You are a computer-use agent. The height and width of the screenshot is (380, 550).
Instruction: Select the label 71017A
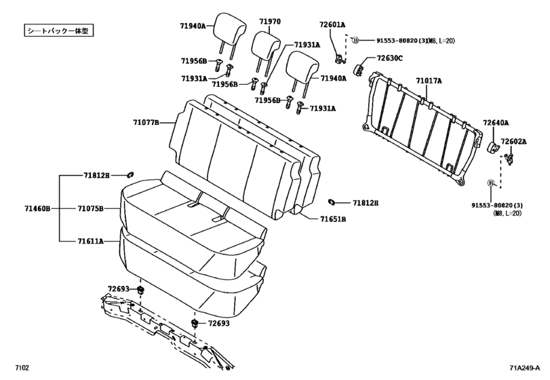tap(429, 81)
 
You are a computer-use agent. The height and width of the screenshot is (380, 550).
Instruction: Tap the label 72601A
tap(332, 24)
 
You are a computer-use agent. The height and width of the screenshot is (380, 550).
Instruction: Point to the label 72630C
tap(390, 58)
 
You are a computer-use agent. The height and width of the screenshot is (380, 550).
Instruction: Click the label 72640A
tap(496, 123)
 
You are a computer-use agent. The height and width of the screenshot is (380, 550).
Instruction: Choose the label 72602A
tap(513, 141)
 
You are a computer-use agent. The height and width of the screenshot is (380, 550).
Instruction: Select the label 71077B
tap(146, 123)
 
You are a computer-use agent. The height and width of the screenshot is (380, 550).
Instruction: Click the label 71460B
tap(38, 208)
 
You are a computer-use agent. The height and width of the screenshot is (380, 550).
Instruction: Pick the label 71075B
tap(90, 208)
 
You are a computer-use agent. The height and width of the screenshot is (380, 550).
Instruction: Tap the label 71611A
tap(90, 241)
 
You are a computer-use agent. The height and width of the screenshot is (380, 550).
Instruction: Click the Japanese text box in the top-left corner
tap(58, 31)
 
